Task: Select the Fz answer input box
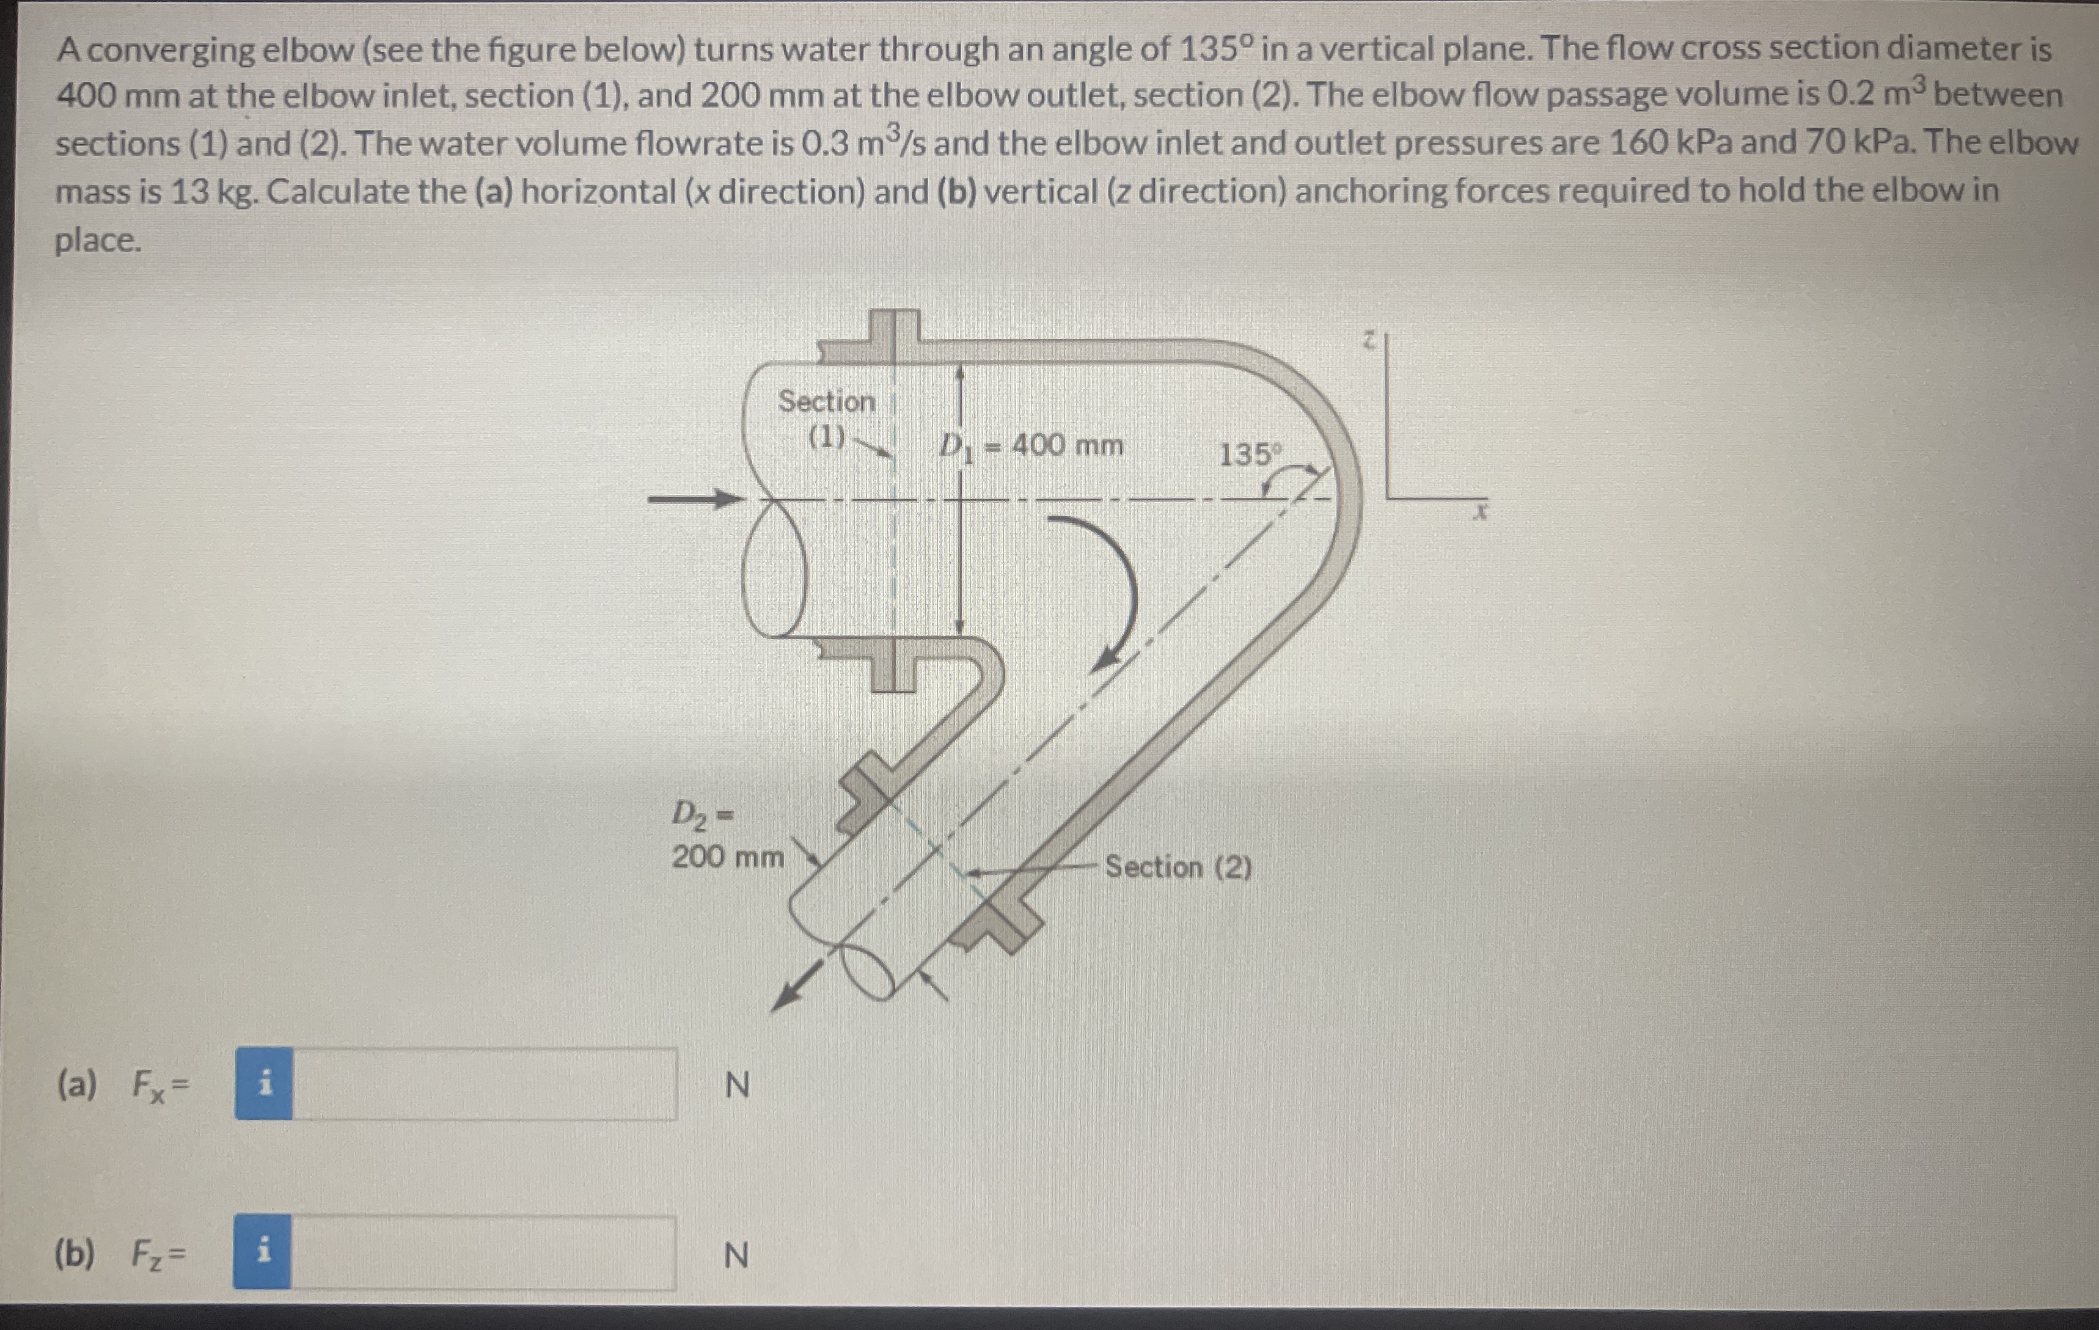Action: (x=482, y=1252)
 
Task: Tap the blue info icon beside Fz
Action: (x=262, y=1252)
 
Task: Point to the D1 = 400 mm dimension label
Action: (x=1031, y=446)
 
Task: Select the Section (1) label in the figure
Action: (x=826, y=417)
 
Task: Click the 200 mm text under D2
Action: (x=727, y=858)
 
